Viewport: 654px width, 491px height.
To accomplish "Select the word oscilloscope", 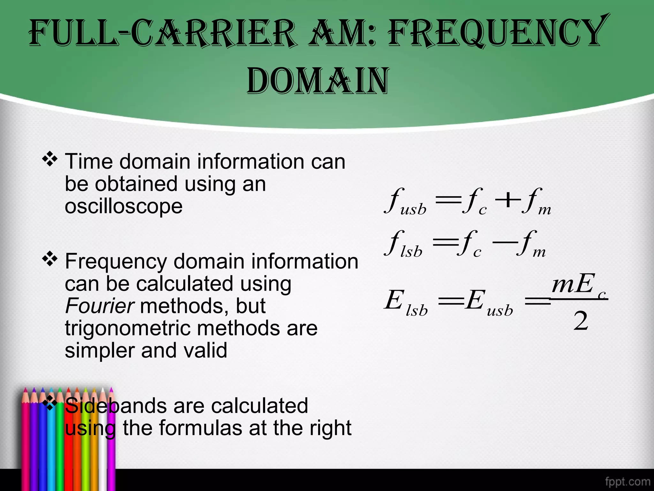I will [x=124, y=206].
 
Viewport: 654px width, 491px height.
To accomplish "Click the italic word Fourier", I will [x=99, y=306].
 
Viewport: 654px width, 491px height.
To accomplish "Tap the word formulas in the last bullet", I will [x=201, y=428].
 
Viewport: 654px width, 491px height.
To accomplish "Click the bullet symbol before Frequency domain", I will [x=50, y=259].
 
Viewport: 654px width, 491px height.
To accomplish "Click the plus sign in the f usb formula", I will [x=507, y=201].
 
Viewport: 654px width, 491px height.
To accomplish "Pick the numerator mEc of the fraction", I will [x=577, y=284].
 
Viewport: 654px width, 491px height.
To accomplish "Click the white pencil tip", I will [x=103, y=392].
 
